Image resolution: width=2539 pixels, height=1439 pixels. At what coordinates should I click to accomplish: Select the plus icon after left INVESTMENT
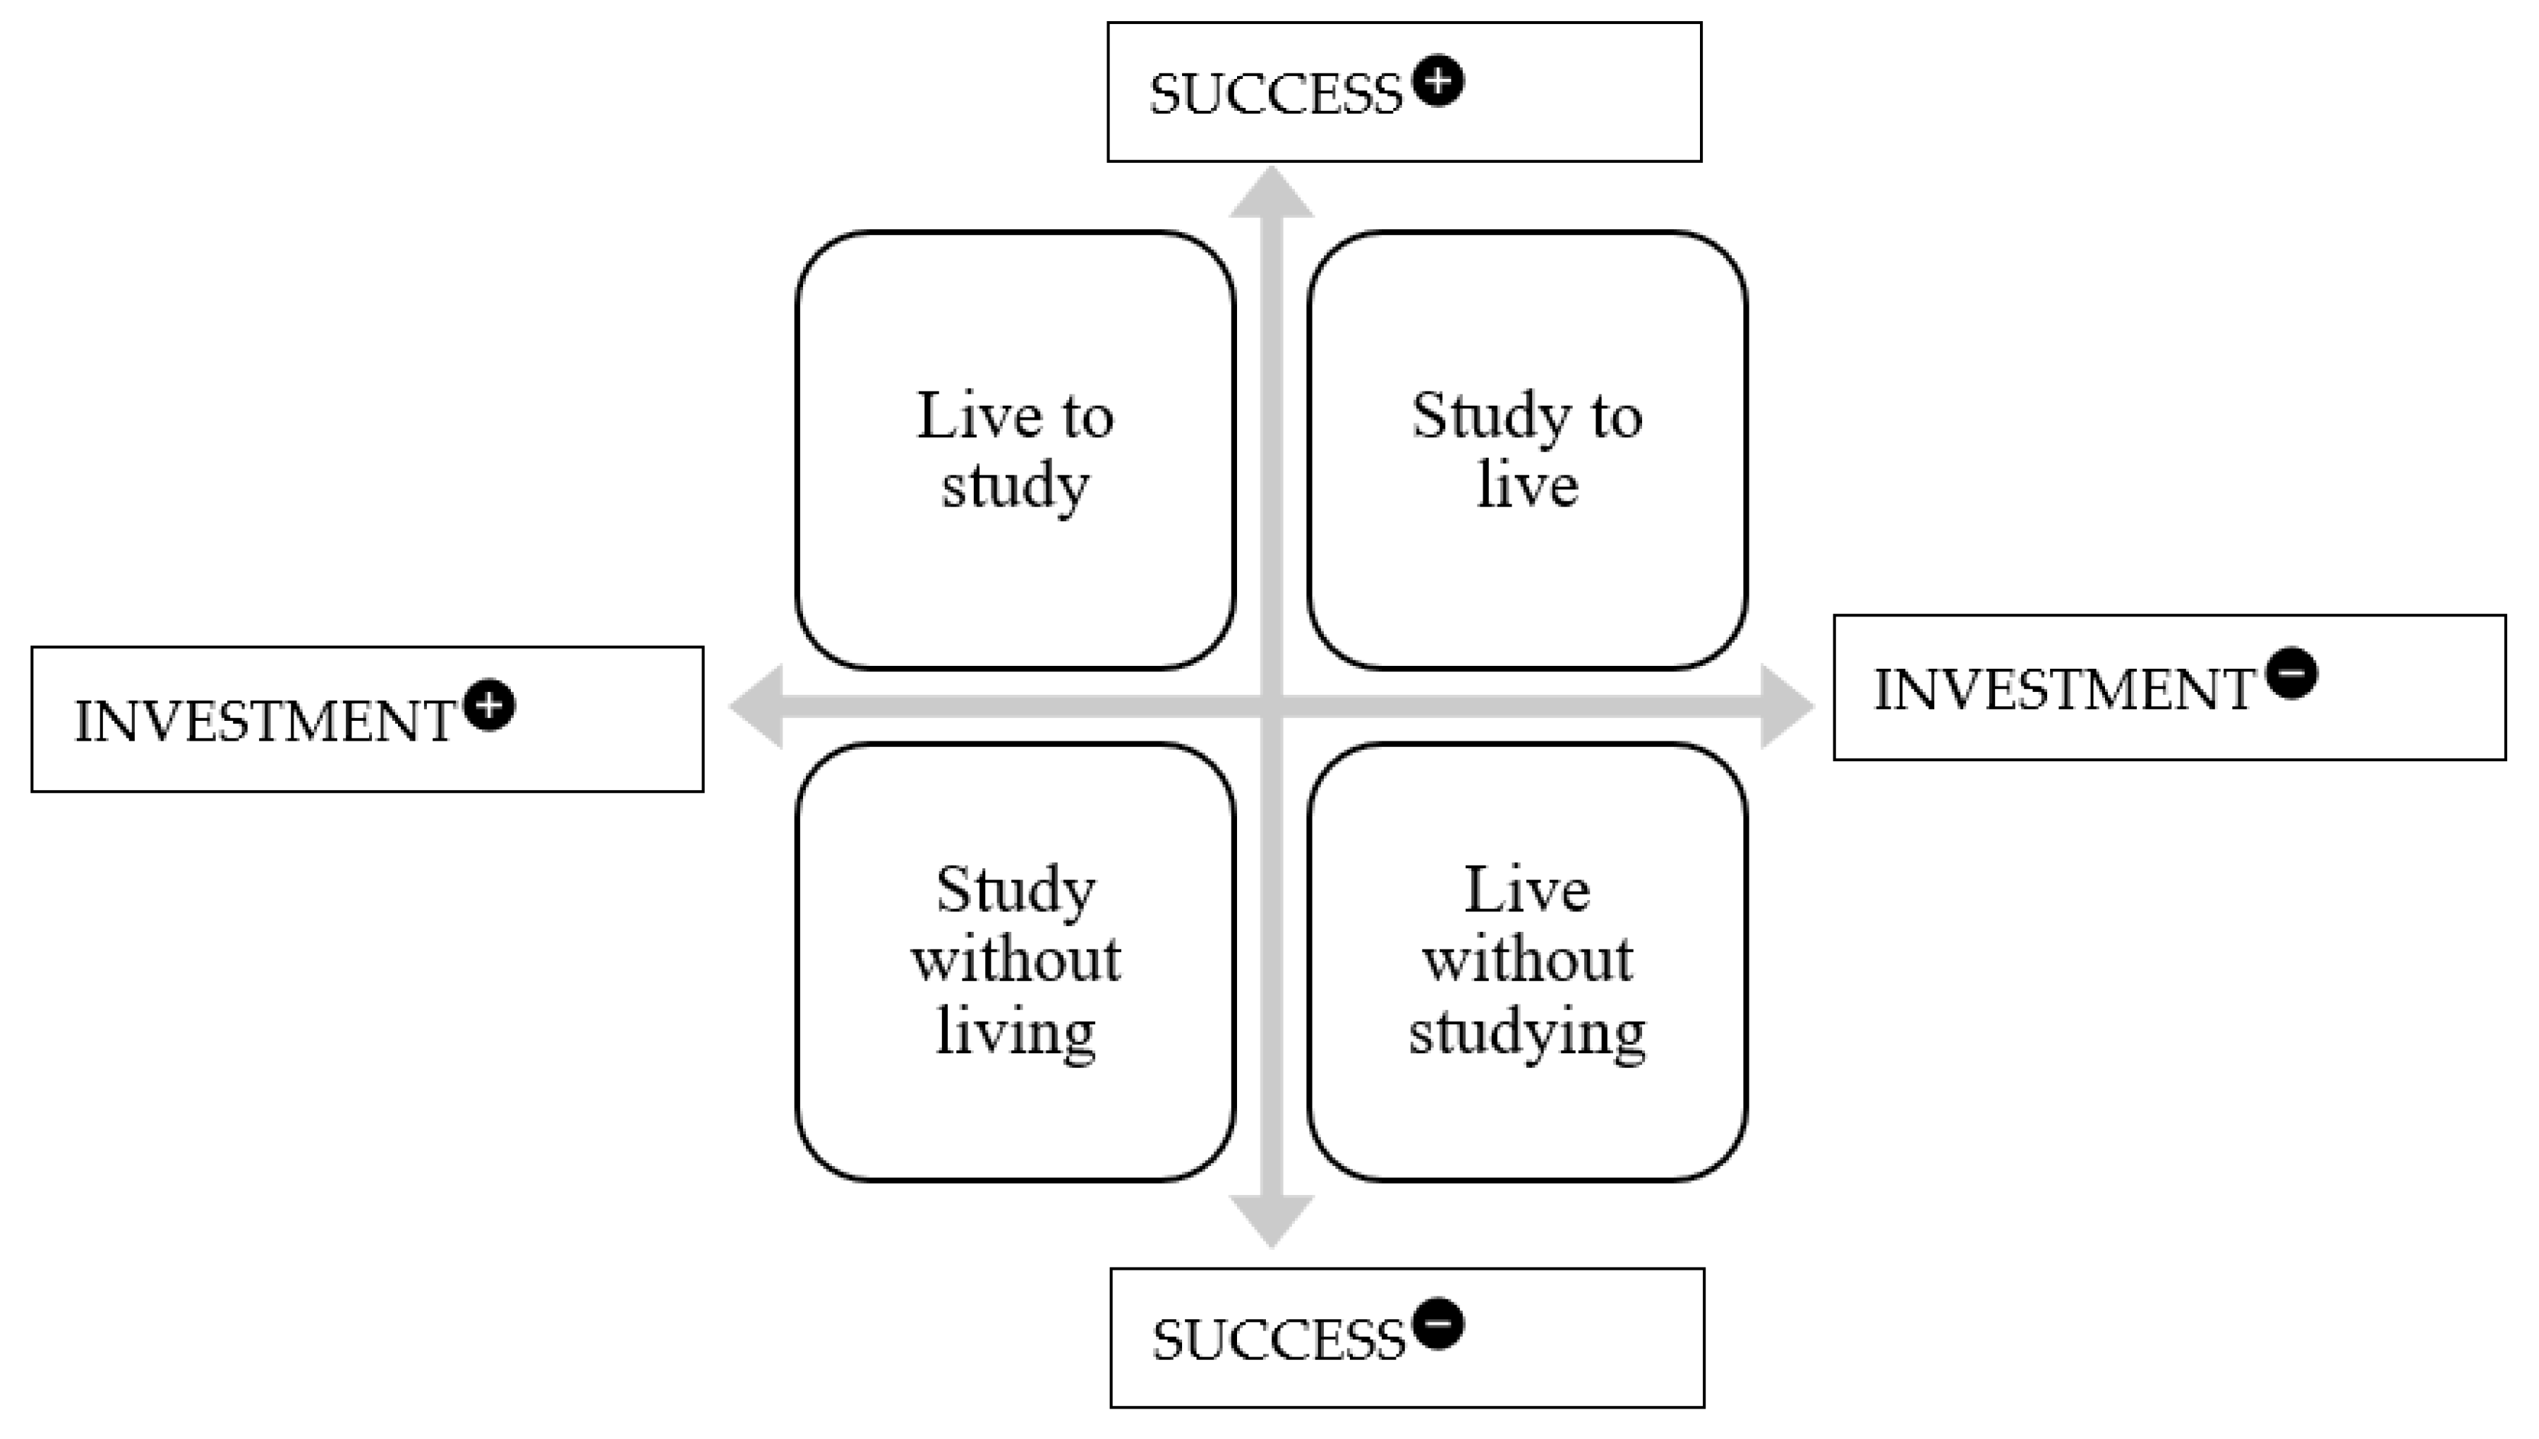tap(490, 705)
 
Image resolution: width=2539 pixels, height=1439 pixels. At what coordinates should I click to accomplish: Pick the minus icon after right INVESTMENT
tap(2292, 674)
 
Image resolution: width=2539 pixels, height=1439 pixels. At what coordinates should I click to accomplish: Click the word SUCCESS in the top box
tap(1275, 95)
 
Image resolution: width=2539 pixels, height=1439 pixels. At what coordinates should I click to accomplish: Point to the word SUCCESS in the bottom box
tap(1277, 1340)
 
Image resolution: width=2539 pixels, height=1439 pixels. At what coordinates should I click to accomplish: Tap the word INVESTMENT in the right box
tap(2063, 690)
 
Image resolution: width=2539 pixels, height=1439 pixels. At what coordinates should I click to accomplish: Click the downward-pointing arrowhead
tap(1272, 1220)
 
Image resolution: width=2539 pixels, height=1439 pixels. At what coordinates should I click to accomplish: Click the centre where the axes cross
tap(1272, 707)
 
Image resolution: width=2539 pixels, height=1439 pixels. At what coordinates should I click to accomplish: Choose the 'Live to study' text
tap(1015, 451)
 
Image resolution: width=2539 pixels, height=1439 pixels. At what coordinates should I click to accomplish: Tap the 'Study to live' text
tap(1528, 451)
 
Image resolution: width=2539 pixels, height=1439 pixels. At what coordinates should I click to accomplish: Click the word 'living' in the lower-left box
tap(1015, 1033)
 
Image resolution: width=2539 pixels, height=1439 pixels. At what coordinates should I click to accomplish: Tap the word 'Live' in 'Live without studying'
tap(1528, 889)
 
